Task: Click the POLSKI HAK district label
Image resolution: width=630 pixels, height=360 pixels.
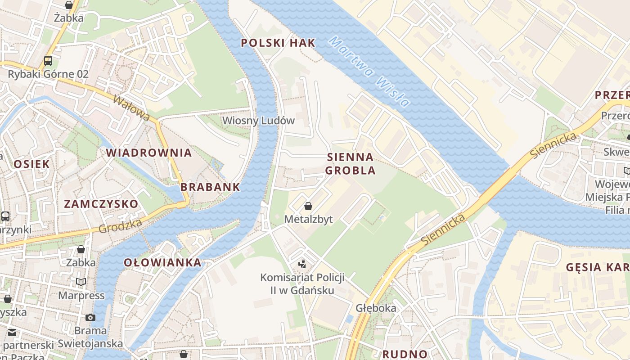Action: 278,43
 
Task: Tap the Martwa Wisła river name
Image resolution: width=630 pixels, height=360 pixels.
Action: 369,72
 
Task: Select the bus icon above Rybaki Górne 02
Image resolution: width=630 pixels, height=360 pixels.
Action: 48,61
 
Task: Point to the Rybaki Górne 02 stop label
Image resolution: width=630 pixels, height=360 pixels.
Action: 48,74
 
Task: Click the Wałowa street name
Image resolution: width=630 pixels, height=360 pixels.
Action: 131,108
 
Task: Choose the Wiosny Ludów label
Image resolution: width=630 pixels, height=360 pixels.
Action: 258,121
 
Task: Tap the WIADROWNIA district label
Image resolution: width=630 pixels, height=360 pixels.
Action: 149,153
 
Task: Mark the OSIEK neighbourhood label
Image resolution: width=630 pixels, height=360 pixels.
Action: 31,164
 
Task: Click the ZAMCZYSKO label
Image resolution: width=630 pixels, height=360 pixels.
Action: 101,204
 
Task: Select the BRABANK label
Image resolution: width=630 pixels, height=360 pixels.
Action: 210,187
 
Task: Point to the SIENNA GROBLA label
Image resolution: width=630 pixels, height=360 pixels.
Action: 350,164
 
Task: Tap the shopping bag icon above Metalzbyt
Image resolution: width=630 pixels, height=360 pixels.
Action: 308,207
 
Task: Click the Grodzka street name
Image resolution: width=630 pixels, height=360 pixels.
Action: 120,226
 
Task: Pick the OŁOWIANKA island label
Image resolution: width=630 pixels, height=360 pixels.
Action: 162,262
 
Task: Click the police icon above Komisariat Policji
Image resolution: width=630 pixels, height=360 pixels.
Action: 302,264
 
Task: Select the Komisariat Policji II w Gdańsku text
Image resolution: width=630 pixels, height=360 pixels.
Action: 302,283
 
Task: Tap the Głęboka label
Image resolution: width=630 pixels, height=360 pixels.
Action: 376,308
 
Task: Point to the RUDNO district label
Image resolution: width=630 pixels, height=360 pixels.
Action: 405,354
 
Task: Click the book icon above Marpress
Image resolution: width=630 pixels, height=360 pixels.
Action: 81,282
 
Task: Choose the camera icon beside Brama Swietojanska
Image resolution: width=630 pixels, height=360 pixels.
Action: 90,317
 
